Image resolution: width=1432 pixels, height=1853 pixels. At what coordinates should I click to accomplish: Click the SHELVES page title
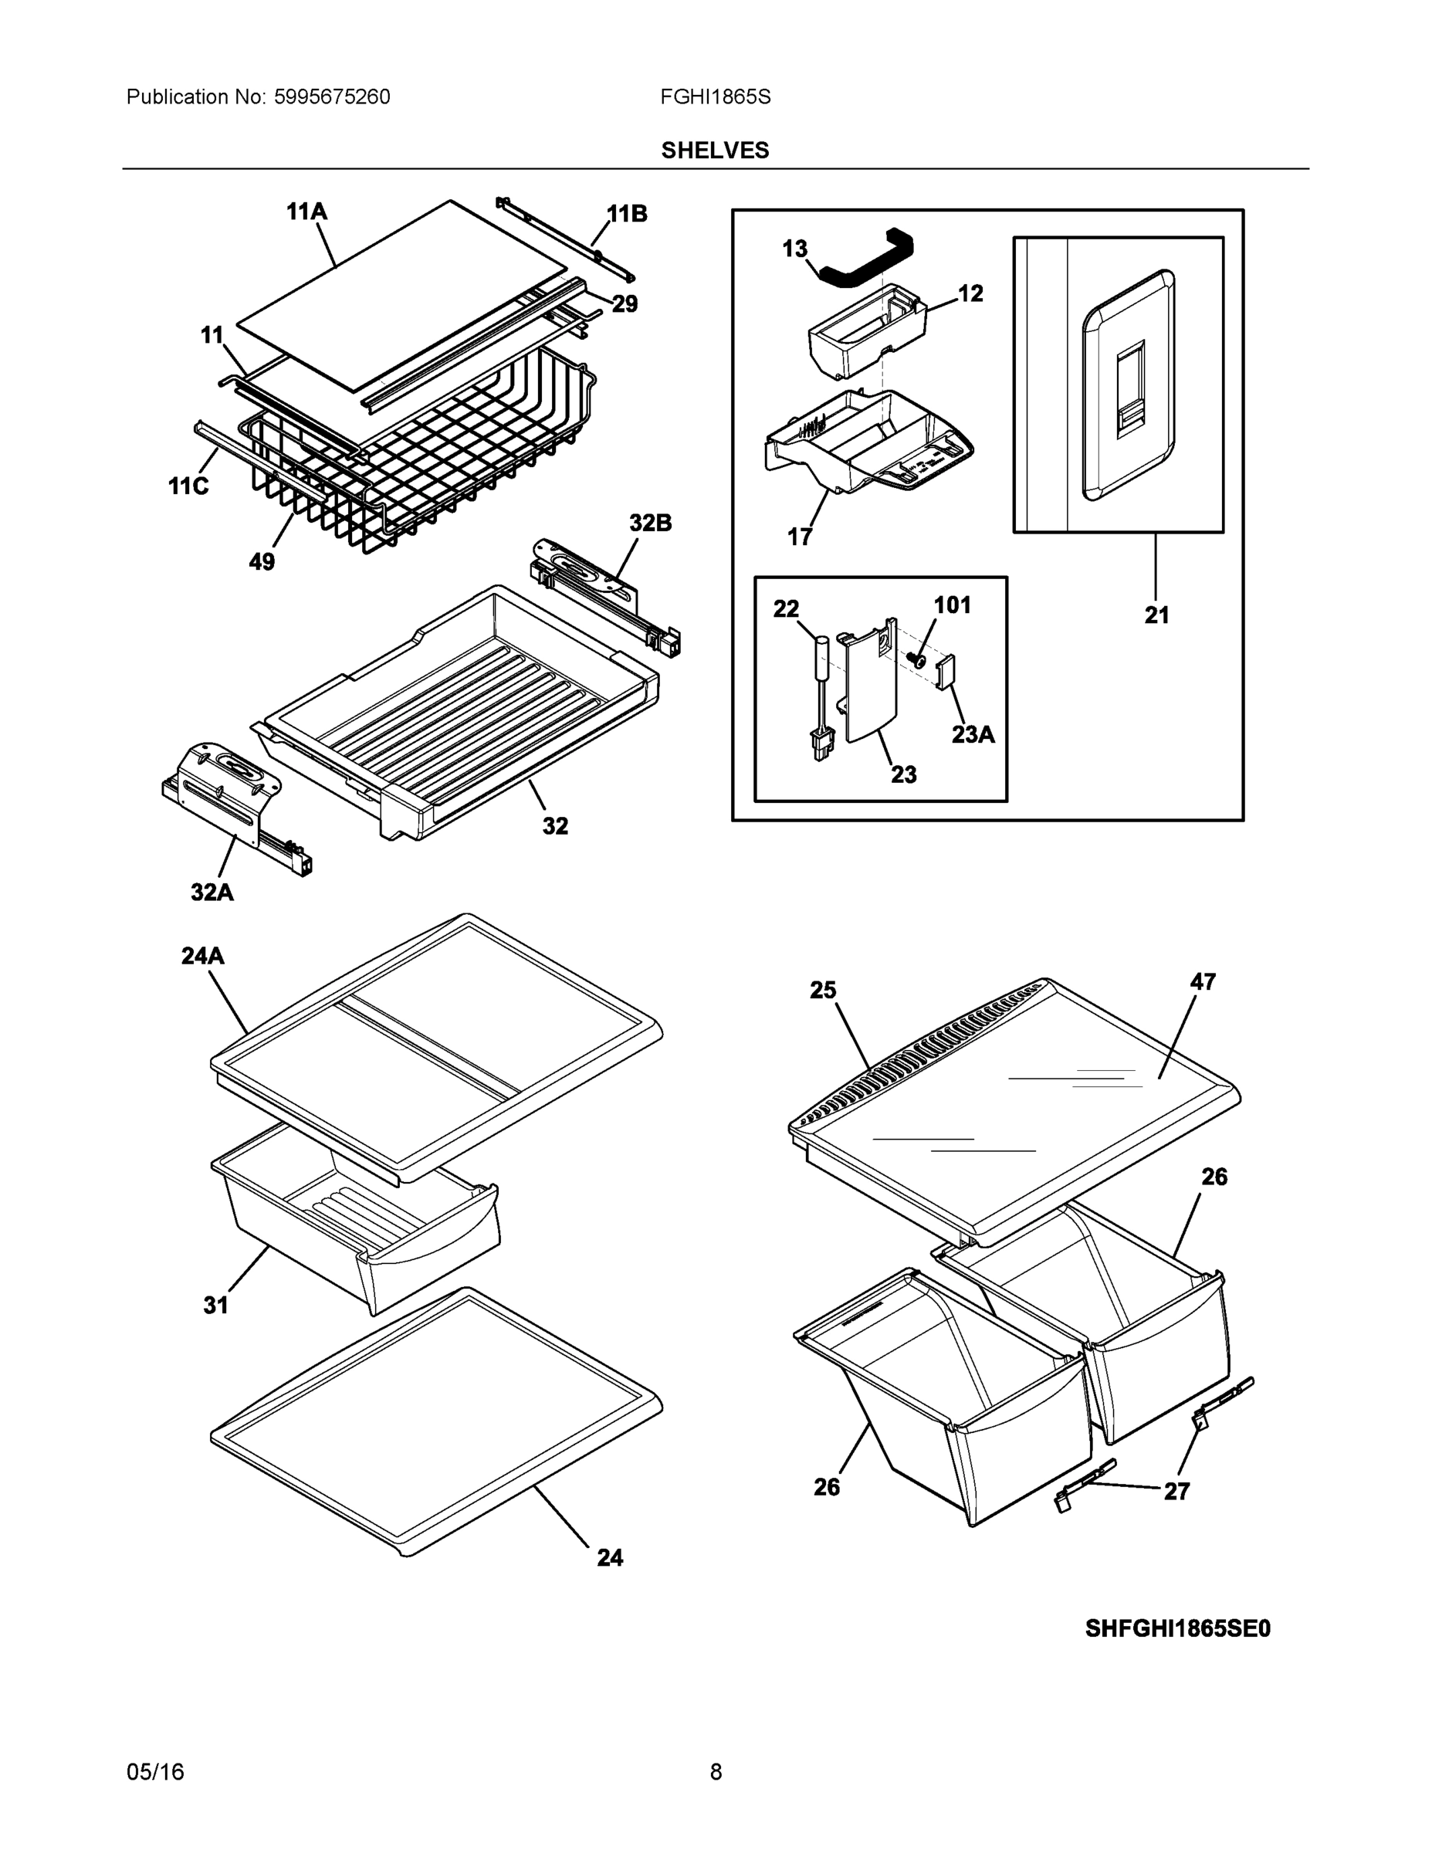coord(714,151)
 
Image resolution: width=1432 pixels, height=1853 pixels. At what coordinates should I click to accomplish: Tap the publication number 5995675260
coord(332,97)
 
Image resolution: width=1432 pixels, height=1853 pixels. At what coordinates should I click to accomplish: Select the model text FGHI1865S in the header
coord(715,97)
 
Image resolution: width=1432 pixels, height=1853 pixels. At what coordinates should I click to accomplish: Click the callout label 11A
coord(306,212)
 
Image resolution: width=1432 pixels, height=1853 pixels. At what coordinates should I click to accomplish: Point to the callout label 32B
coord(650,523)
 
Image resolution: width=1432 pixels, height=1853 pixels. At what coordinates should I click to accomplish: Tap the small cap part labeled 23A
coord(945,672)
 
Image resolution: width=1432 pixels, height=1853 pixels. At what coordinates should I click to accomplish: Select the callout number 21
coord(1156,615)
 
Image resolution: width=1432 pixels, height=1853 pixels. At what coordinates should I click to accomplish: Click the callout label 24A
coord(203,956)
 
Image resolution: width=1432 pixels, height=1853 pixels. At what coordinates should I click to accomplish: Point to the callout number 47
coord(1202,981)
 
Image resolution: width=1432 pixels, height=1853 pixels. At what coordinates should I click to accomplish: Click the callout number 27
coord(1176,1491)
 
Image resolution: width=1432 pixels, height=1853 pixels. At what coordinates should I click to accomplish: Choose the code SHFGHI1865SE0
coord(1177,1628)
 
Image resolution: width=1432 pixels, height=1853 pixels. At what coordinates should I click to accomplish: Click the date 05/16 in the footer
coord(155,1772)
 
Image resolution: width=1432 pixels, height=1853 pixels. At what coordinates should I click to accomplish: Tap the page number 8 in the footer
coord(715,1772)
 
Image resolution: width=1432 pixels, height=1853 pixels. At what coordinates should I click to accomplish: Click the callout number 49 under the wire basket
coord(262,561)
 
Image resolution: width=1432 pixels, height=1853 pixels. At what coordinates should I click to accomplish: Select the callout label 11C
coord(188,486)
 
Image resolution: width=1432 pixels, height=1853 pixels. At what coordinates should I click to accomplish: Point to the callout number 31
coord(215,1306)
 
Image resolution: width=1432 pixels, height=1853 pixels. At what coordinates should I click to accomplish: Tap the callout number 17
coord(799,537)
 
